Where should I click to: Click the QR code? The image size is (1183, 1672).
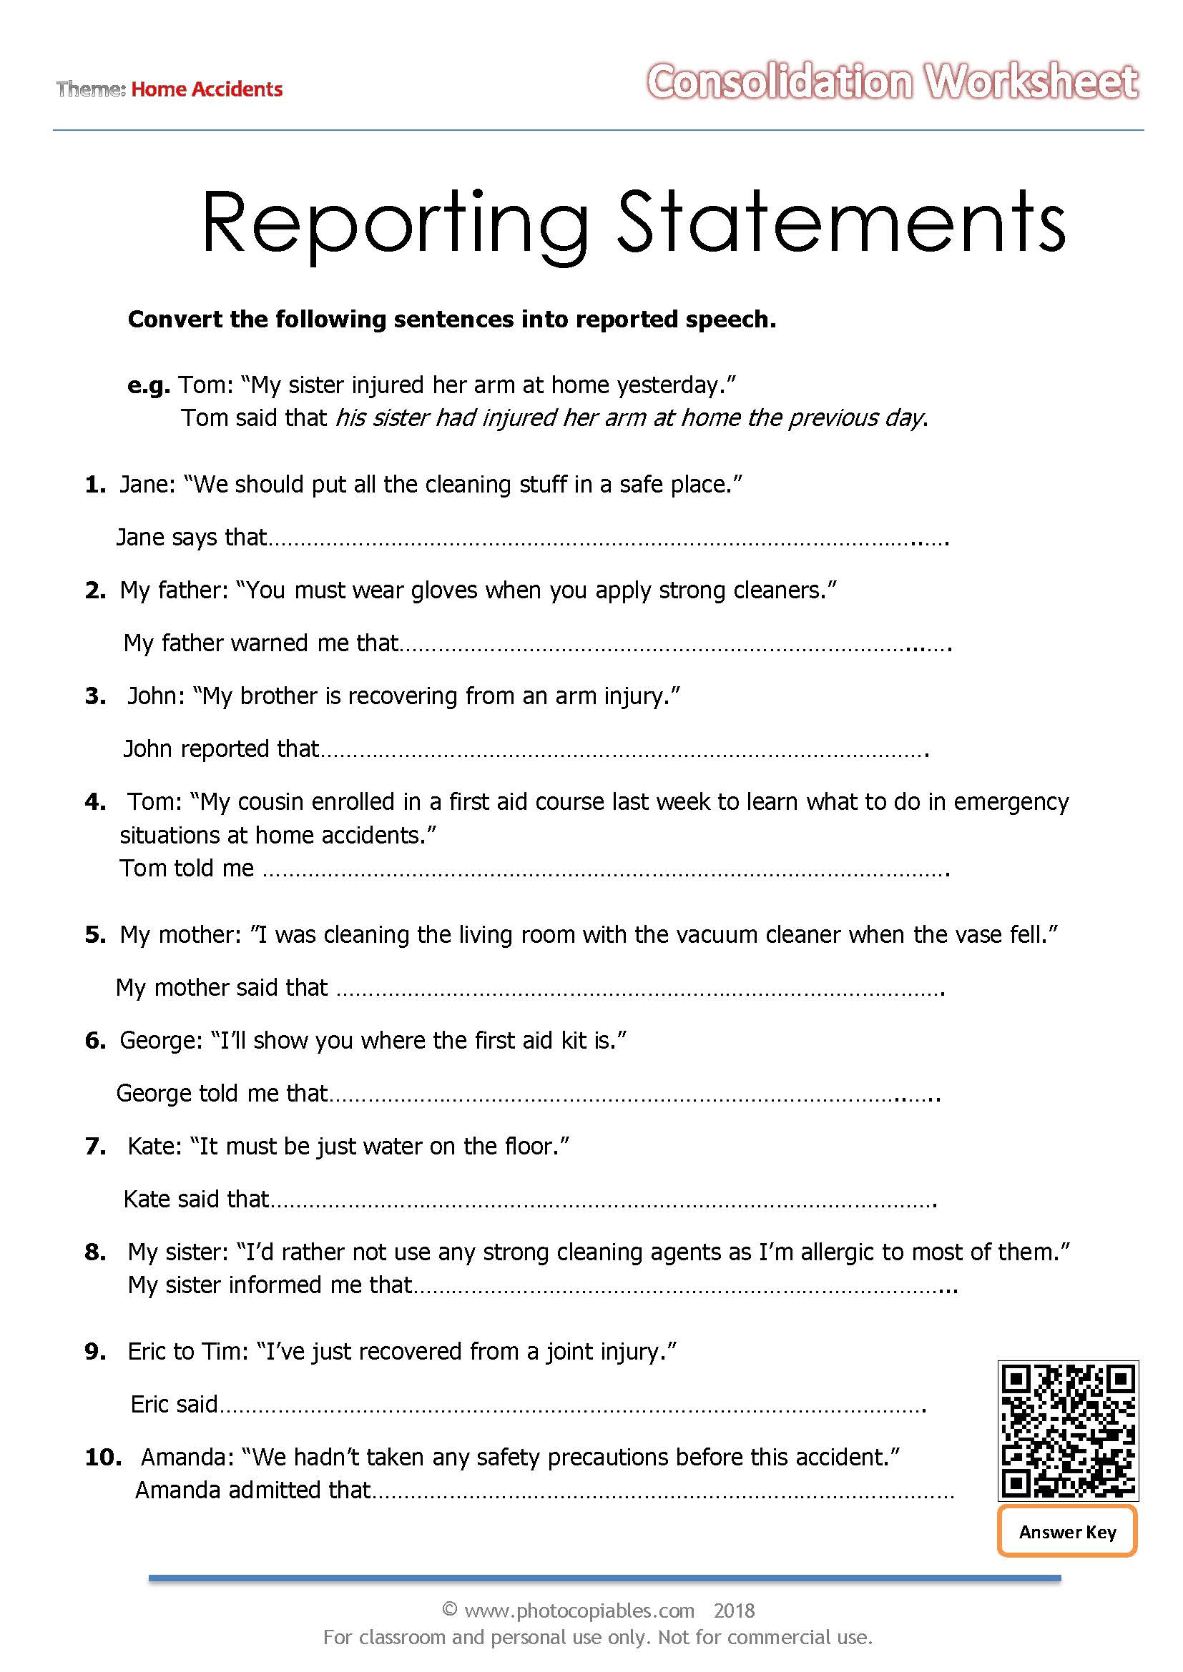pos(1067,1430)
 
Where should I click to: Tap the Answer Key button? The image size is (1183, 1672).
pos(1067,1532)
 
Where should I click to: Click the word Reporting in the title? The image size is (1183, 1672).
pos(394,222)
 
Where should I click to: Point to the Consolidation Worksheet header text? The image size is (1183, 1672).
pos(892,81)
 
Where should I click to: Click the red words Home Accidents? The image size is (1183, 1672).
pos(207,89)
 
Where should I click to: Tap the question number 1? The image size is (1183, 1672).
pos(94,484)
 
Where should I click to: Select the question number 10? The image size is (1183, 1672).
pos(103,1457)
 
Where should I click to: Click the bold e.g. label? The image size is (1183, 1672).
pos(149,385)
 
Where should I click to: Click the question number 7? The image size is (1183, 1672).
pos(94,1146)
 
